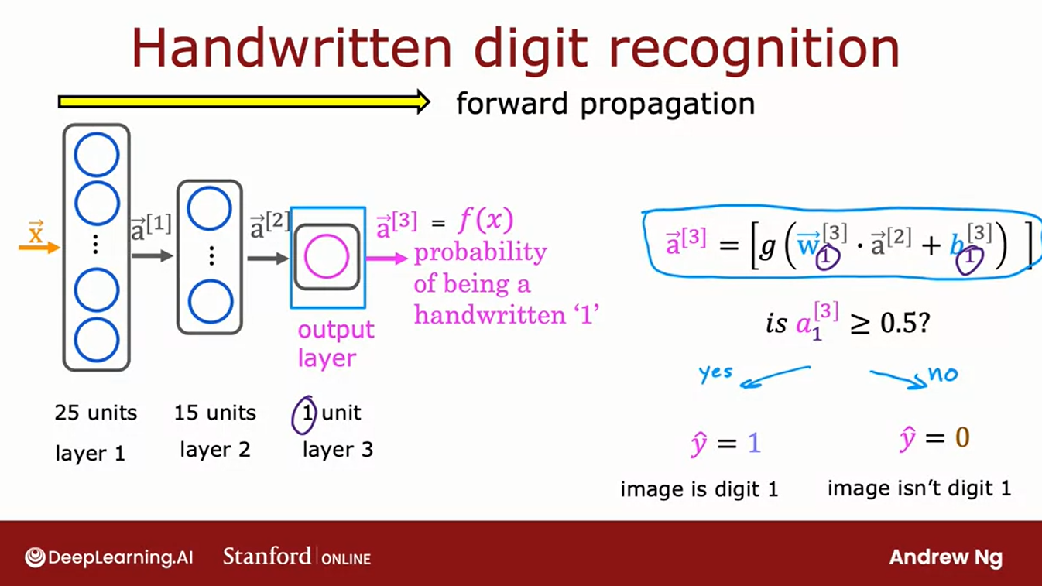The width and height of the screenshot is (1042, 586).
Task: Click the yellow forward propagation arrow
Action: point(244,101)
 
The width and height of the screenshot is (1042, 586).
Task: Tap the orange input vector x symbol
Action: point(36,234)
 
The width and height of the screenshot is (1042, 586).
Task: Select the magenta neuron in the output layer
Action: point(326,257)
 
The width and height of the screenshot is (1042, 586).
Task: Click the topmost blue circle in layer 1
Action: point(97,154)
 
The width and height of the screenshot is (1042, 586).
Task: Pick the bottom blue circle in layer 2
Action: point(210,302)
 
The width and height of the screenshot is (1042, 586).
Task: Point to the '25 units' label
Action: point(95,413)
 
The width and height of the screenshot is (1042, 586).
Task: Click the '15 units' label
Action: point(214,413)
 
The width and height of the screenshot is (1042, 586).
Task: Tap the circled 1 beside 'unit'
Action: point(305,414)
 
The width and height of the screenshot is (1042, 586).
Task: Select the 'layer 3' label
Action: point(338,449)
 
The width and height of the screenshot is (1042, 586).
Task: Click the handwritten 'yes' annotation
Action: point(715,372)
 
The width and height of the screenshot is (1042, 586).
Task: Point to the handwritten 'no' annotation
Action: point(942,375)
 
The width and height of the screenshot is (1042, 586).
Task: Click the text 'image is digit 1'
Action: point(699,489)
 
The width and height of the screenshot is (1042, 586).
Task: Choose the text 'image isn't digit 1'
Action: point(919,488)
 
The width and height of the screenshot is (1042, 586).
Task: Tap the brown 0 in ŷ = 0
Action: point(961,438)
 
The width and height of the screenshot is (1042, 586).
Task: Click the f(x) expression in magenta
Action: point(485,221)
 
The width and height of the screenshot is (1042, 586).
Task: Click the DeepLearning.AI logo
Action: point(109,557)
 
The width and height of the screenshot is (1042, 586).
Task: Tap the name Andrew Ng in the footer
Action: point(945,557)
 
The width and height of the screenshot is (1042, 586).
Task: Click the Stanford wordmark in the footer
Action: point(267,556)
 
